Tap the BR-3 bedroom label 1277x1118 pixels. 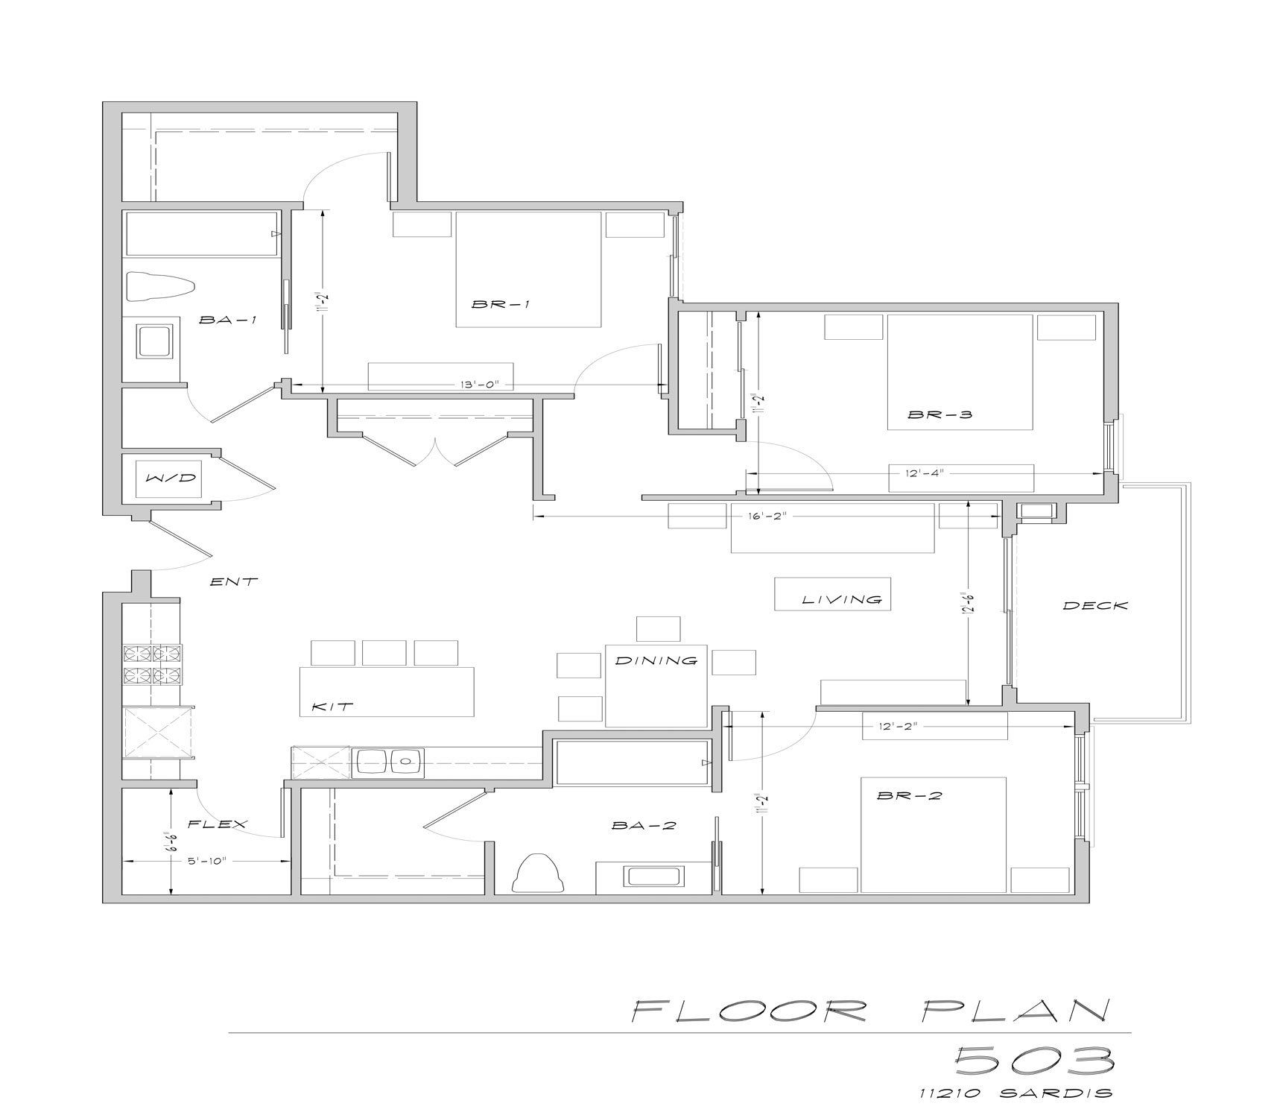pos(939,414)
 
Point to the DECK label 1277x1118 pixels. pos(1095,606)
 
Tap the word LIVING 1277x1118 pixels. pos(842,599)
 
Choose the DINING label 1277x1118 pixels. pos(656,660)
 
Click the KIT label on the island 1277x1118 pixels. pos(332,707)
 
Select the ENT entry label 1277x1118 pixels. pos(234,581)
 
